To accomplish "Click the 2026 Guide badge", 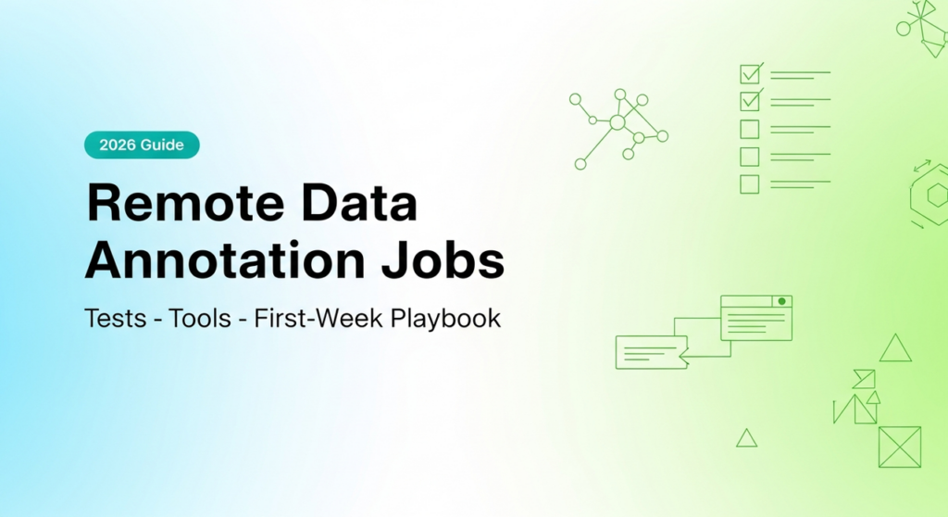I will coord(142,145).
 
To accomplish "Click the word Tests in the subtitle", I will coord(116,319).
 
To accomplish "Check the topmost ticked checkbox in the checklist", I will coord(750,73).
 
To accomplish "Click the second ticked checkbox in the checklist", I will coord(750,100).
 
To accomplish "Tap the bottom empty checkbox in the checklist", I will coord(750,184).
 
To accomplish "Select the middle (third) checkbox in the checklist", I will coord(750,129).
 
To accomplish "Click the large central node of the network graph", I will coord(617,122).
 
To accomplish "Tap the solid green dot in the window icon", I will coord(782,302).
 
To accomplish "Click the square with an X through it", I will coord(900,447).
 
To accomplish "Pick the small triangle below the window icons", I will coord(746,437).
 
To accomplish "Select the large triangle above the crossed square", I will coord(895,348).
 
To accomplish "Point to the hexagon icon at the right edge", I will coord(935,195).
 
